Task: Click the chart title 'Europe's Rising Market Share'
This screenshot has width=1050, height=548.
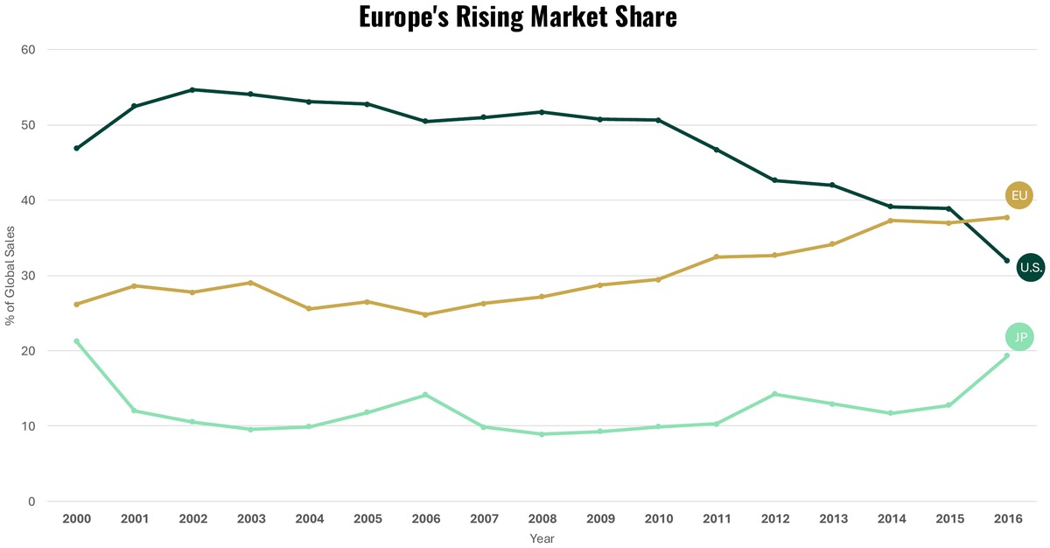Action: pos(518,17)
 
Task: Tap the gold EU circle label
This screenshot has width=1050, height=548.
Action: pos(1019,195)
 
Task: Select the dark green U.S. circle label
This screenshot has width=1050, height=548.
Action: pos(1031,268)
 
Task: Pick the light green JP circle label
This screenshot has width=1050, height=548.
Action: pos(1020,337)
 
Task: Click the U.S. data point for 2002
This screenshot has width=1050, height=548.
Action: pos(192,89)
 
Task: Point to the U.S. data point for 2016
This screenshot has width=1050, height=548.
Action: pos(1006,261)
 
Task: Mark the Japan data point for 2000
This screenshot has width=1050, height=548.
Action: pos(77,341)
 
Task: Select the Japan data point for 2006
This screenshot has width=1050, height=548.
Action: pos(425,395)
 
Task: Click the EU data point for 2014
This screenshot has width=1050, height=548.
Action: pos(891,221)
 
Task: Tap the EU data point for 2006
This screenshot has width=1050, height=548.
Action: pos(425,314)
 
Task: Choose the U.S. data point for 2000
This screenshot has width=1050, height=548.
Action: pos(77,148)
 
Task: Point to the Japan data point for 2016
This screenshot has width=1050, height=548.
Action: pos(1006,355)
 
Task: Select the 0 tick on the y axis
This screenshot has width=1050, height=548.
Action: pos(31,502)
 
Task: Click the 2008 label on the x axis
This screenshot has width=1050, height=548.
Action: pos(542,519)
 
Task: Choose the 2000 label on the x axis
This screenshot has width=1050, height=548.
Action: pos(77,519)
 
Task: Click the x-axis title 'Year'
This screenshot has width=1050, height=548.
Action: pos(542,539)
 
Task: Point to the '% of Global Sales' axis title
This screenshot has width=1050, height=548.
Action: pos(10,275)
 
